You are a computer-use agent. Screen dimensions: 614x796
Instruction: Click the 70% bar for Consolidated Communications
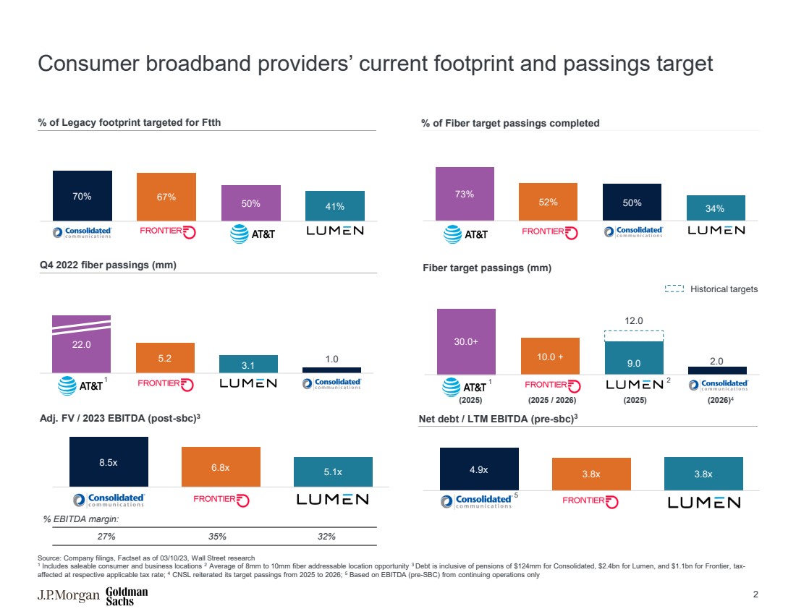point(82,195)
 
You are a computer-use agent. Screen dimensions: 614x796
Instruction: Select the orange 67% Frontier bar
point(166,196)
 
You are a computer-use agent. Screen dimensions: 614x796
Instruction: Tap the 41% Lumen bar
point(334,205)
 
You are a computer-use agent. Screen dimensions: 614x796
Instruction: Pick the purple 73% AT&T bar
point(465,193)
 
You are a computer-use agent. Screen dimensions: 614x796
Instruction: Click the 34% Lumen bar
point(715,208)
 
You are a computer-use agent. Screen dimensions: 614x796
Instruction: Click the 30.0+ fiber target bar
point(466,341)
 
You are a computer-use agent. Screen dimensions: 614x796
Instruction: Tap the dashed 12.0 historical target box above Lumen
point(634,336)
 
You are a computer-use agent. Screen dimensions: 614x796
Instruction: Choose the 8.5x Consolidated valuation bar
point(109,461)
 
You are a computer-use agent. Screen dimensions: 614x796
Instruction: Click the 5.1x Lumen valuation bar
point(333,472)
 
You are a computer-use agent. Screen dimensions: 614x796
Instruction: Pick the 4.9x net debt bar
point(479,469)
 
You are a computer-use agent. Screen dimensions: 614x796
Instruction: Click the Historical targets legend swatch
point(674,289)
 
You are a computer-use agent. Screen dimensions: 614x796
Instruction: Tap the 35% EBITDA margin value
point(218,537)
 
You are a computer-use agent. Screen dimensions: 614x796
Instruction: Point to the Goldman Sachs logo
point(127,596)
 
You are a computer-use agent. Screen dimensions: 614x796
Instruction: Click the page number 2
point(755,594)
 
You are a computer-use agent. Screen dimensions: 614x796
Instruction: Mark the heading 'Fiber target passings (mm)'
point(486,268)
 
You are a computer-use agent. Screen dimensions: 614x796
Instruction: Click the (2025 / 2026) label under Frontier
point(550,398)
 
